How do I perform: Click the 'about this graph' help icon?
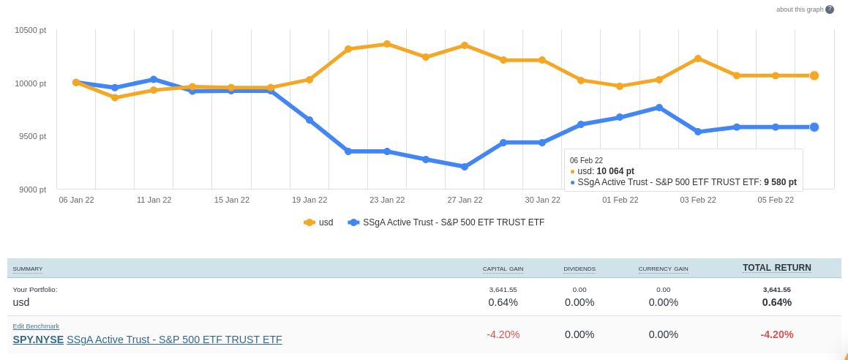pyautogui.click(x=830, y=10)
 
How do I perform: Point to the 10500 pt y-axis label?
pyautogui.click(x=30, y=30)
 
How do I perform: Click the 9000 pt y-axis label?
pyautogui.click(x=32, y=190)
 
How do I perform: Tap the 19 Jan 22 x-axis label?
pyautogui.click(x=309, y=200)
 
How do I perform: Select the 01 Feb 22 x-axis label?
pyautogui.click(x=620, y=200)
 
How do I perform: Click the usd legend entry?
pyautogui.click(x=319, y=222)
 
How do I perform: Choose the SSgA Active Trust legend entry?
pyautogui.click(x=446, y=222)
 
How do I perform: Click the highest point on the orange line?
pyautogui.click(x=387, y=44)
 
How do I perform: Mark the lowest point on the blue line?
pyautogui.click(x=465, y=167)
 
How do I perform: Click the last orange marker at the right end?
pyautogui.click(x=814, y=75)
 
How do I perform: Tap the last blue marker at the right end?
pyautogui.click(x=814, y=127)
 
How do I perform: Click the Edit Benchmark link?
pyautogui.click(x=36, y=326)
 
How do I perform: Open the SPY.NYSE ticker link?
pyautogui.click(x=38, y=340)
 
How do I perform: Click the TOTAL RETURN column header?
pyautogui.click(x=776, y=268)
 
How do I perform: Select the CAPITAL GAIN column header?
pyautogui.click(x=503, y=269)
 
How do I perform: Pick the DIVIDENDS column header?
pyautogui.click(x=579, y=269)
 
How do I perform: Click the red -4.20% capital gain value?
pyautogui.click(x=503, y=334)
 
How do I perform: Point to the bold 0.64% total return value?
pyautogui.click(x=776, y=302)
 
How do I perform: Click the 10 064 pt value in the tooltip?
pyautogui.click(x=615, y=171)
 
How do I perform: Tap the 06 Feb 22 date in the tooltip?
pyautogui.click(x=586, y=160)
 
